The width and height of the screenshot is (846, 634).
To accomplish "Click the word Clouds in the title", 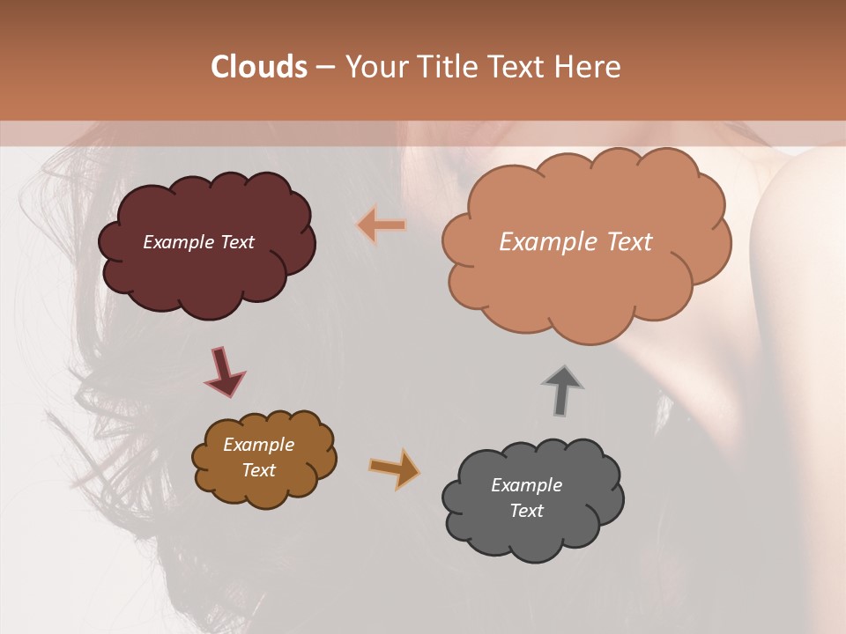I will (x=259, y=67).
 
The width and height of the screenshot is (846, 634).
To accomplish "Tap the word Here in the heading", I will (x=588, y=67).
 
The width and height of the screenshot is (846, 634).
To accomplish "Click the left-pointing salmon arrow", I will (x=382, y=225).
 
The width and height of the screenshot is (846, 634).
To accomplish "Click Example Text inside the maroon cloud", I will (x=198, y=242).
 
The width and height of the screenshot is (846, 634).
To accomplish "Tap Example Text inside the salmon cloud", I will (x=575, y=242).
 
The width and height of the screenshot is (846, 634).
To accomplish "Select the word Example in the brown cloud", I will (x=258, y=445).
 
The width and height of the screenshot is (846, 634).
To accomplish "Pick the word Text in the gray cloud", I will (x=526, y=511).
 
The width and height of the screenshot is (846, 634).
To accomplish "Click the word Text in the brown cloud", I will (x=258, y=470).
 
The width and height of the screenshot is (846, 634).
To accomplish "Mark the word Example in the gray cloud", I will (x=526, y=485).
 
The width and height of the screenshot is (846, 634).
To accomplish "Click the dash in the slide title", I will (x=324, y=67).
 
